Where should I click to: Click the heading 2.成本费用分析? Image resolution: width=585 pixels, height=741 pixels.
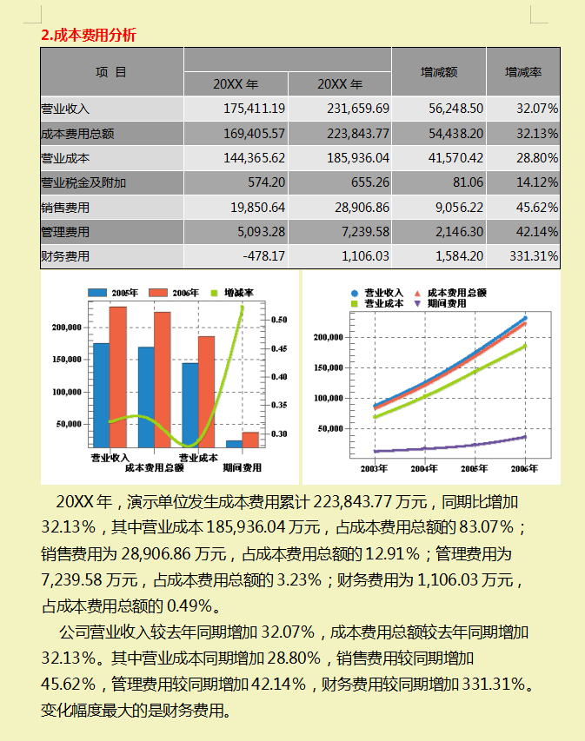89,35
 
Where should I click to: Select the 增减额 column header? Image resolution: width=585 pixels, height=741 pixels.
439,72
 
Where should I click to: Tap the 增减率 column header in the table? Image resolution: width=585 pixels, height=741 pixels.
523,72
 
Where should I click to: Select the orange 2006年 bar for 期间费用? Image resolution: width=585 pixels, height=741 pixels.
250,440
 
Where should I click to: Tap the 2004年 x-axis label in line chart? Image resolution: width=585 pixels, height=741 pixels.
424,469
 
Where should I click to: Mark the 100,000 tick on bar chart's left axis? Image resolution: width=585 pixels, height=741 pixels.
67,392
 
